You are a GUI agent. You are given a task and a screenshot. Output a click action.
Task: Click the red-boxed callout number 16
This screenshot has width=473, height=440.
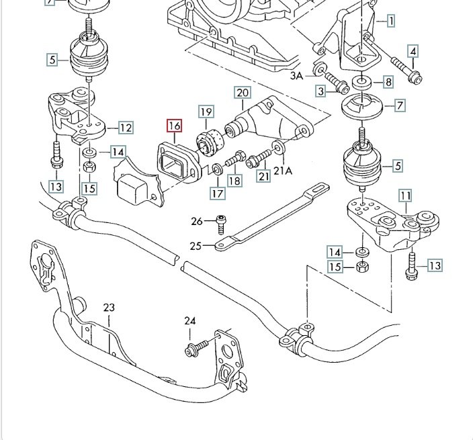click(x=174, y=126)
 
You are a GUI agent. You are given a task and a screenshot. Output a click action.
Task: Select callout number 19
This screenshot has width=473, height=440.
click(x=205, y=112)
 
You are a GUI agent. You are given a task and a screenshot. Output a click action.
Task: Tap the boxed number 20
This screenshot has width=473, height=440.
click(x=242, y=92)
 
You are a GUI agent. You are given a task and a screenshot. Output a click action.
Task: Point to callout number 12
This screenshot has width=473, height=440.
click(x=125, y=127)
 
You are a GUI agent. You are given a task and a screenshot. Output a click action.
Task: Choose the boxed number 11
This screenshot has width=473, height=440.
click(x=405, y=195)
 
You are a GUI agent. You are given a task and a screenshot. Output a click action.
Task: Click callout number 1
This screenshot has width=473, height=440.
click(x=390, y=21)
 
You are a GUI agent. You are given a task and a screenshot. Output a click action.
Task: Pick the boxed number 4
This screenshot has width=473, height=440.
click(x=413, y=51)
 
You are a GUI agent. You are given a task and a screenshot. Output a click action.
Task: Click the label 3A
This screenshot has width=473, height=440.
click(x=298, y=76)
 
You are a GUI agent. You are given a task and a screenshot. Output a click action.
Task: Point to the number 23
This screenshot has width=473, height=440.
click(x=109, y=308)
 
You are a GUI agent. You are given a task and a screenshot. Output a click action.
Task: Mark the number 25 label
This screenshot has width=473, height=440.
click(x=195, y=247)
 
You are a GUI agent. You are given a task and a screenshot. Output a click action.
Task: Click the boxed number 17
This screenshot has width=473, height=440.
click(x=217, y=193)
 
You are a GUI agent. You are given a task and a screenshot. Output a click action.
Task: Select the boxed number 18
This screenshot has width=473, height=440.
click(x=234, y=180)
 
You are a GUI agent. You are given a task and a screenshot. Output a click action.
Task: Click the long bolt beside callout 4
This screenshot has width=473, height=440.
click(x=406, y=71)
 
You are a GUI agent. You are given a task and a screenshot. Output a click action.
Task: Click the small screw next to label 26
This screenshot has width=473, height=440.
click(x=220, y=222)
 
